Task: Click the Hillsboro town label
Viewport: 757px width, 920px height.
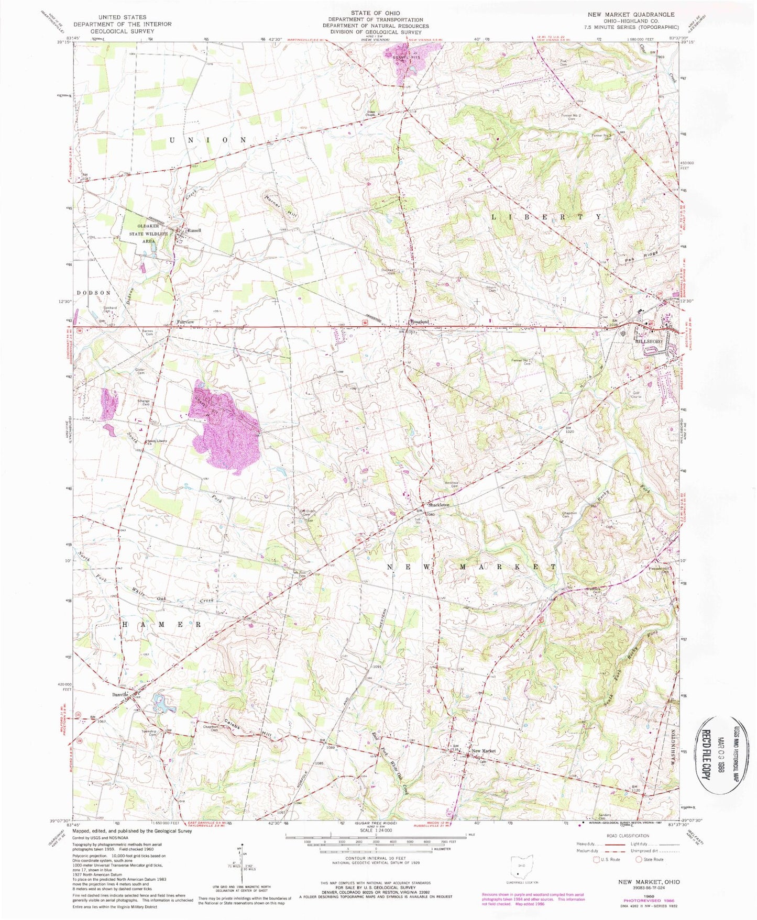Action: (649, 341)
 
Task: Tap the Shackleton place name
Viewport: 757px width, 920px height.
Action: (439, 505)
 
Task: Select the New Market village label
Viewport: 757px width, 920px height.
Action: (484, 751)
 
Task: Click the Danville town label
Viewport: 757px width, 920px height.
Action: (120, 694)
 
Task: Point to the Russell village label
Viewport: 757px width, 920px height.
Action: (194, 230)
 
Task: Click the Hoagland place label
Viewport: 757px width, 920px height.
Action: (420, 322)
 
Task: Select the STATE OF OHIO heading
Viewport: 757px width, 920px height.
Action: (376, 13)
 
